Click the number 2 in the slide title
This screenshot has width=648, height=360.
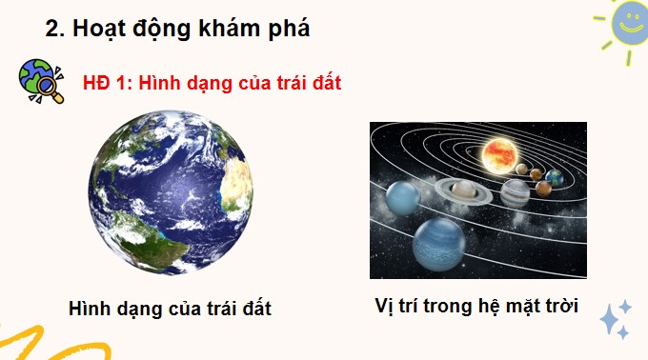coord(53,29)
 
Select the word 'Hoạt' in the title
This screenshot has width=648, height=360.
coord(97,29)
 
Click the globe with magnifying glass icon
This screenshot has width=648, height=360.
coord(38,80)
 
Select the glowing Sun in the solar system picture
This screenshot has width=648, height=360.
coord(499,152)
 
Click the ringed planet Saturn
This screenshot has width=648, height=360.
coord(464,192)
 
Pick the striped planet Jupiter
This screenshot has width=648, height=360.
coord(515,194)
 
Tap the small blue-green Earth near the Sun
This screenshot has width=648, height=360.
coord(555,177)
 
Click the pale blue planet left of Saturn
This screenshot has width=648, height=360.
coord(402,197)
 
